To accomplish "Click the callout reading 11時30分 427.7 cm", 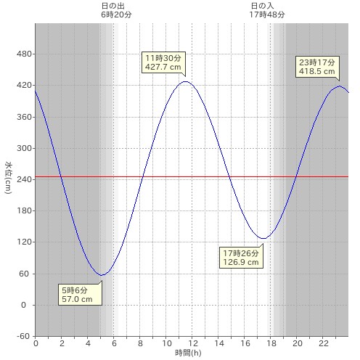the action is tap(163, 62).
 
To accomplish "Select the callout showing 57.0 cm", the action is tap(80, 295).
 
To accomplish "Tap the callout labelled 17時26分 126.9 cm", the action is tap(241, 258).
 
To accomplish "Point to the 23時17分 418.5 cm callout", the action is tap(317, 67).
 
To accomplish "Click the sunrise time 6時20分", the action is tap(116, 15).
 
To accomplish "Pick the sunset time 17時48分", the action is tap(267, 15).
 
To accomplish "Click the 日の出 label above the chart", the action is tap(113, 6).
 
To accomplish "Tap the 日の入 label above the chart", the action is tap(263, 6).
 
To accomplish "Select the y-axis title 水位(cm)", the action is tap(9, 178).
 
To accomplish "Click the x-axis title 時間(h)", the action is tap(188, 353).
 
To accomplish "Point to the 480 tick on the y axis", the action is tap(25, 54).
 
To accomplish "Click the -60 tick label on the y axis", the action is tap(23, 336).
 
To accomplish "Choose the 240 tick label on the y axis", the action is tap(25, 179).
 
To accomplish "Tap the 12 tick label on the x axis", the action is tap(192, 343).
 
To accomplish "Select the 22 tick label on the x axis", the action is tap(324, 343).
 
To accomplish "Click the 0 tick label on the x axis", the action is tap(36, 343).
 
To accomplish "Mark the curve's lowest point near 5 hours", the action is tap(102, 275).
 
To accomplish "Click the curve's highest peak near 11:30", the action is tap(186, 81).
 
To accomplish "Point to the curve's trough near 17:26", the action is tap(263, 239).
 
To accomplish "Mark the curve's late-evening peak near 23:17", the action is tap(340, 86).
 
